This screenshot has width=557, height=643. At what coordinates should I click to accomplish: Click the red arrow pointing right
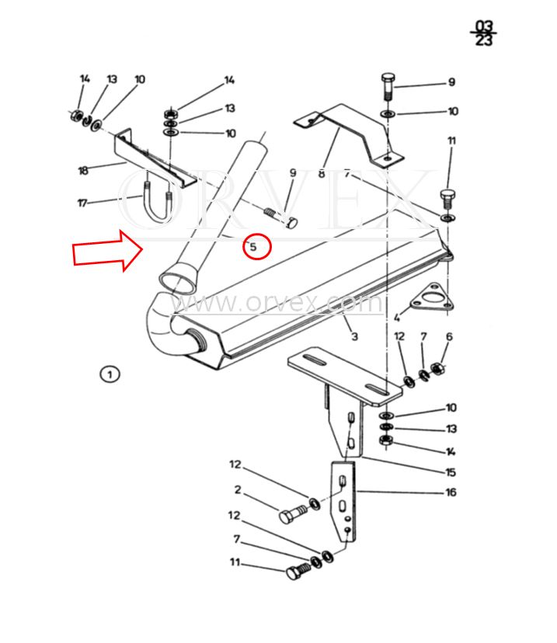pyautogui.click(x=108, y=251)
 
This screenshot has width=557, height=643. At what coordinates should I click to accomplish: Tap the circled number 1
pyautogui.click(x=110, y=374)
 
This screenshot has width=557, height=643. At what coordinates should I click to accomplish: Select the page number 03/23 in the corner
pyautogui.click(x=483, y=33)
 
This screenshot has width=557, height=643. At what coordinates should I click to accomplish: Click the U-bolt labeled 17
pyautogui.click(x=156, y=201)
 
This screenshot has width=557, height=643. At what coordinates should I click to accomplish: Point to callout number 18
pyautogui.click(x=83, y=170)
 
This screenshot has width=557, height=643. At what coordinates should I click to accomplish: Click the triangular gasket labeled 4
pyautogui.click(x=430, y=298)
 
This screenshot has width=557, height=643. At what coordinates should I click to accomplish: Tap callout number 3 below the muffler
pyautogui.click(x=355, y=336)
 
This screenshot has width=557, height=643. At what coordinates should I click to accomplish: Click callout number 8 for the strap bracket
pyautogui.click(x=321, y=174)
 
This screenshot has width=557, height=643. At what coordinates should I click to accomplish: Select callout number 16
pyautogui.click(x=451, y=492)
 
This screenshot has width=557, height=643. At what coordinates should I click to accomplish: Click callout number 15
pyautogui.click(x=451, y=472)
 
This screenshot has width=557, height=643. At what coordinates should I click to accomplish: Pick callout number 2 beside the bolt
pyautogui.click(x=238, y=490)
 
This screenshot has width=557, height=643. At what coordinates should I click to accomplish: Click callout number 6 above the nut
pyautogui.click(x=449, y=337)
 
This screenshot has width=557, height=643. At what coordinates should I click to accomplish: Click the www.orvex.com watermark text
pyautogui.click(x=277, y=303)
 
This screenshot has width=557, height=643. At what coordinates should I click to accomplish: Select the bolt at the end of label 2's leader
pyautogui.click(x=292, y=513)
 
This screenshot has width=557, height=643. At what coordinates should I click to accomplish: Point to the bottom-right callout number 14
pyautogui.click(x=451, y=452)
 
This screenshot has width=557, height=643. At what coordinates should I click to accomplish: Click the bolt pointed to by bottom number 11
pyautogui.click(x=298, y=570)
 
